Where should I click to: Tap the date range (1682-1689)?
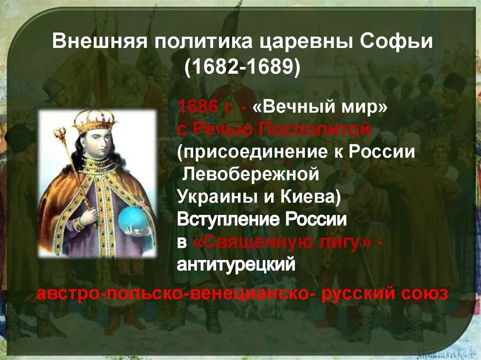[242, 67]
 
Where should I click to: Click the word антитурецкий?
[236, 264]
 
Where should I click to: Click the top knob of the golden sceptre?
[60, 134]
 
